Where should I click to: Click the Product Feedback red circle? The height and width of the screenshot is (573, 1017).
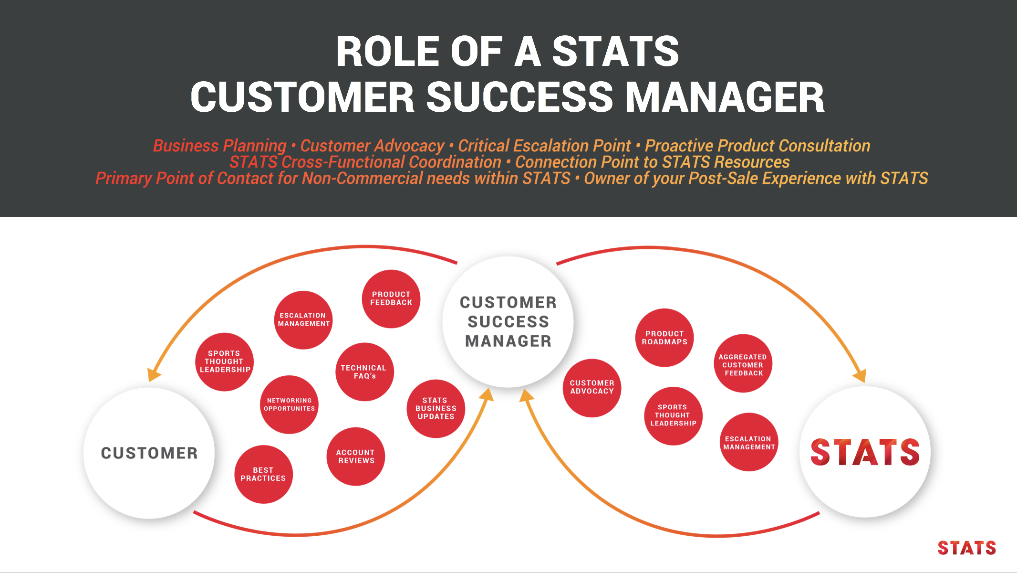(x=391, y=299)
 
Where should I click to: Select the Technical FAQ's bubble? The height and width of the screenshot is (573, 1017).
(x=364, y=372)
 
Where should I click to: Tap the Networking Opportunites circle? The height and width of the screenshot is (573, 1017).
(x=289, y=404)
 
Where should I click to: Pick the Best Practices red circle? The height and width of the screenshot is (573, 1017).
(x=263, y=474)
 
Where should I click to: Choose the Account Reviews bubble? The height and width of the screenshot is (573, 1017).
(x=356, y=456)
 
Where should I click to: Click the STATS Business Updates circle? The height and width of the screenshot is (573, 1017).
(x=436, y=409)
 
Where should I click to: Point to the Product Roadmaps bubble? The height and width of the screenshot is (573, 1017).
(x=664, y=338)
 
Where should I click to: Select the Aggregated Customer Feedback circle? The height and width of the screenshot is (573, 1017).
(x=743, y=364)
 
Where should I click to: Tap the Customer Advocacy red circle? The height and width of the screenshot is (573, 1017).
(x=592, y=387)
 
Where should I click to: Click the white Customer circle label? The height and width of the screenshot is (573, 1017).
(x=149, y=453)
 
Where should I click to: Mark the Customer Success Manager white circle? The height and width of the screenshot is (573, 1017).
(x=508, y=322)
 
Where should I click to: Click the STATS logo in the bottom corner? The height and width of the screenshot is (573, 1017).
(x=966, y=548)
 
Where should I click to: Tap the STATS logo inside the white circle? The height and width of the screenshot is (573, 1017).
(x=865, y=452)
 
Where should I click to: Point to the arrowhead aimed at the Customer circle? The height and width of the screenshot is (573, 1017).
(x=153, y=374)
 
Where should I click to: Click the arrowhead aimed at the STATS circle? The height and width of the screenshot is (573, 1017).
(x=860, y=375)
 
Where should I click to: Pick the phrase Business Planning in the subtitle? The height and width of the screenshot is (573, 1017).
(x=219, y=146)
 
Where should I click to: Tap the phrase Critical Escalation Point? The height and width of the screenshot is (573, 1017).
(x=544, y=146)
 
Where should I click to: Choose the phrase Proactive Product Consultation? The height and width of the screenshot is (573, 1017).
(x=758, y=146)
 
